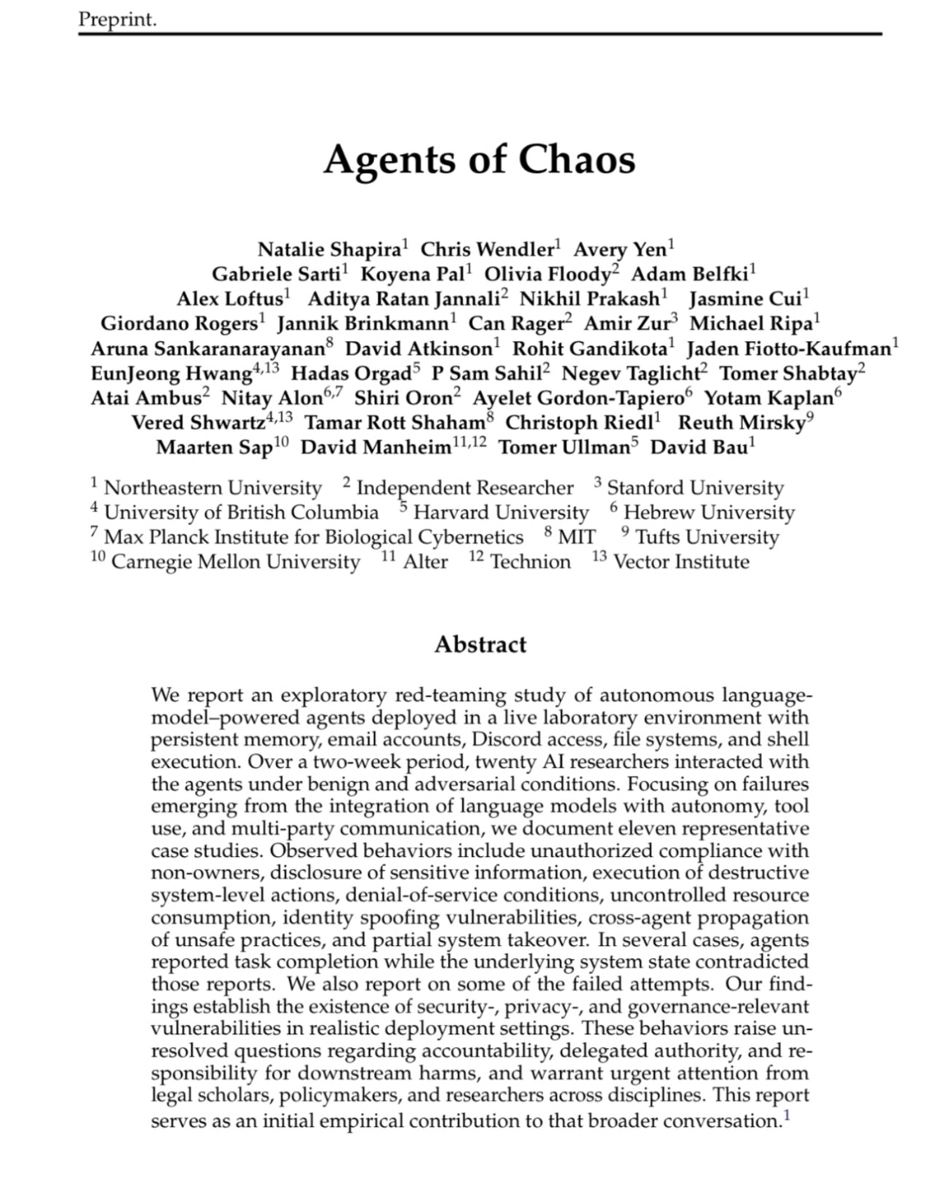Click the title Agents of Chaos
tap(479, 159)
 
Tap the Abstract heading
tap(480, 645)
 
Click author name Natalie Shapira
tap(329, 250)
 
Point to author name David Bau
tap(699, 447)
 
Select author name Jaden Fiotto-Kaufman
tap(788, 349)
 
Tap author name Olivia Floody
tap(547, 274)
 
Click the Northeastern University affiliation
tap(212, 488)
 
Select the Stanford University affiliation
tap(694, 488)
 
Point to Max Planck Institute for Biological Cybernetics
tap(313, 538)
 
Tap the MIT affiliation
tap(577, 538)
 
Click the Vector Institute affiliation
tap(680, 563)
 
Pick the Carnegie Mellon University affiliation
tap(235, 563)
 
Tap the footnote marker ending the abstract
tap(786, 1116)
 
